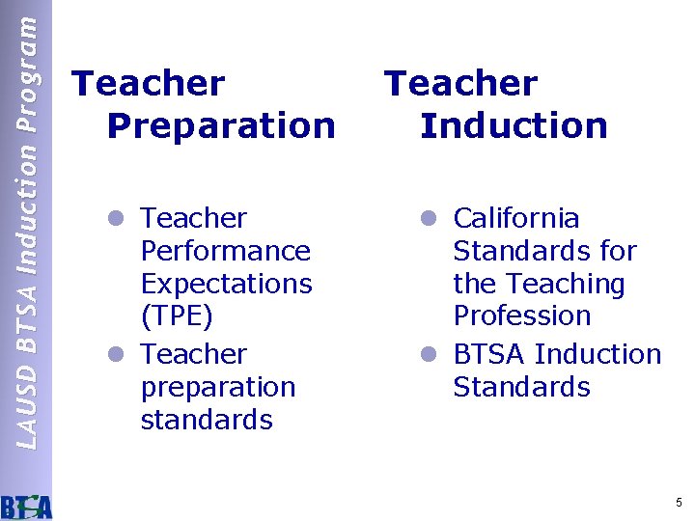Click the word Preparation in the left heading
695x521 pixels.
click(x=221, y=125)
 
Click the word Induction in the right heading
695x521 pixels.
click(x=514, y=125)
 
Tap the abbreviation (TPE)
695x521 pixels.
click(x=177, y=315)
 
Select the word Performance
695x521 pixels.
click(x=225, y=251)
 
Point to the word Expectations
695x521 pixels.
click(x=226, y=284)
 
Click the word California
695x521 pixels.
click(x=515, y=218)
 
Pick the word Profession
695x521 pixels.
click(x=521, y=315)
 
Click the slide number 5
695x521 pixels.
click(x=679, y=503)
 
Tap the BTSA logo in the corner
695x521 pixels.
click(x=26, y=506)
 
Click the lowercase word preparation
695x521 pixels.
click(x=217, y=388)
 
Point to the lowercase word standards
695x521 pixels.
click(x=207, y=421)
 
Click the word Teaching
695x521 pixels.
click(x=567, y=284)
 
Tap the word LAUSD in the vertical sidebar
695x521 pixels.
click(x=28, y=418)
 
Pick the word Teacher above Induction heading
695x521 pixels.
click(x=460, y=84)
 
